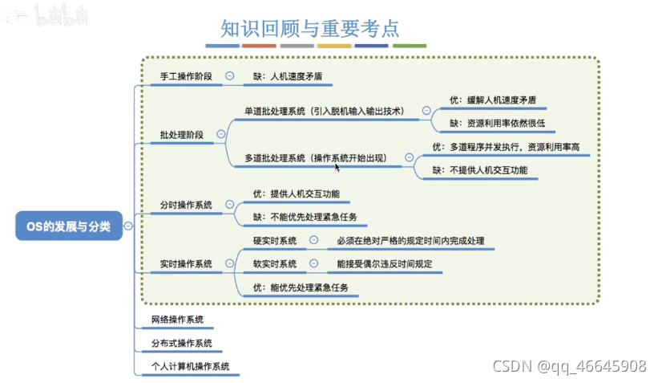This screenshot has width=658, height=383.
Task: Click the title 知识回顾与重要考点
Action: pyautogui.click(x=310, y=28)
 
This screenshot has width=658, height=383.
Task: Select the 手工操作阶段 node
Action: pyautogui.click(x=186, y=76)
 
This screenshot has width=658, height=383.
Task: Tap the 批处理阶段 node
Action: pyautogui.click(x=181, y=135)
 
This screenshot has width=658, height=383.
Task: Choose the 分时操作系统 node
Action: pyautogui.click(x=186, y=205)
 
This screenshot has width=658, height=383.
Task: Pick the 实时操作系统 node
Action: pyautogui.click(x=186, y=263)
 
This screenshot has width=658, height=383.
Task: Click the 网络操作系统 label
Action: pyautogui.click(x=177, y=320)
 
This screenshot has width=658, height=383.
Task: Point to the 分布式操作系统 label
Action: pyautogui.click(x=182, y=343)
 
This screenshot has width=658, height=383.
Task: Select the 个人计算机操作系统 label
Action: pyautogui.click(x=191, y=366)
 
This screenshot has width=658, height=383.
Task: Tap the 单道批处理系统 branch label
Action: pyautogui.click(x=323, y=111)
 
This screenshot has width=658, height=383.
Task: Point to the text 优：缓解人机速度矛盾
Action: pyautogui.click(x=492, y=100)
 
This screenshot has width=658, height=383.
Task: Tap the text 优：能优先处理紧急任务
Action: pyautogui.click(x=301, y=287)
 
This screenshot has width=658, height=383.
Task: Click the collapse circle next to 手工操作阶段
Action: pyautogui.click(x=230, y=76)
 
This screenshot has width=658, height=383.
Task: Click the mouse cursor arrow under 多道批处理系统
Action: pyautogui.click(x=337, y=167)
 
